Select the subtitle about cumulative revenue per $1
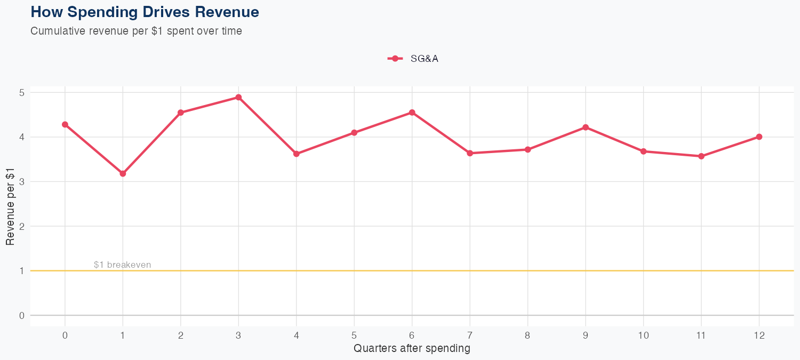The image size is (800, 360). pos(136,31)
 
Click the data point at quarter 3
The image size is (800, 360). pos(238,97)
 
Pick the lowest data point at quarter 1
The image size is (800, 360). pos(123,173)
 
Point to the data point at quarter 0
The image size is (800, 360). pos(65,124)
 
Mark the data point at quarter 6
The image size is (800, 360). pos(412,113)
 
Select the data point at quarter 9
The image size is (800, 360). pos(586,127)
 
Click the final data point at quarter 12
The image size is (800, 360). pos(759,137)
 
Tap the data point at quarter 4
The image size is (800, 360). pos(296,154)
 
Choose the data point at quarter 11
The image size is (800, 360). pos(701,156)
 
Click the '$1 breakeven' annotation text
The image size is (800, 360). pos(122,265)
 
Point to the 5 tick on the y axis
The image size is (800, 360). pos(22,92)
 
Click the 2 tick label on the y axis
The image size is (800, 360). pos(22,226)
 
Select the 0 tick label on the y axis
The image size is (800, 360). pos(22,315)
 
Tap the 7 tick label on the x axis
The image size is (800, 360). pos(470,335)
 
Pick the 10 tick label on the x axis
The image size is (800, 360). pos(643,335)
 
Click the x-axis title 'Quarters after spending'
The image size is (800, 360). pos(412,349)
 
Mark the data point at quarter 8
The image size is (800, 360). pos(527,149)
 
